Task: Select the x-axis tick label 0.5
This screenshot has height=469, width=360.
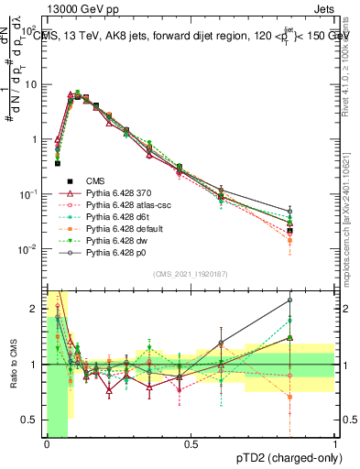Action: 191,444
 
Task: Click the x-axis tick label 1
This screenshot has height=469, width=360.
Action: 333,444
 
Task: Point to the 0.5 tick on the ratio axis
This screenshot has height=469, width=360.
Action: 36,420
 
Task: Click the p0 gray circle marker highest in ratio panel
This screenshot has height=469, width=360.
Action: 289,300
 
